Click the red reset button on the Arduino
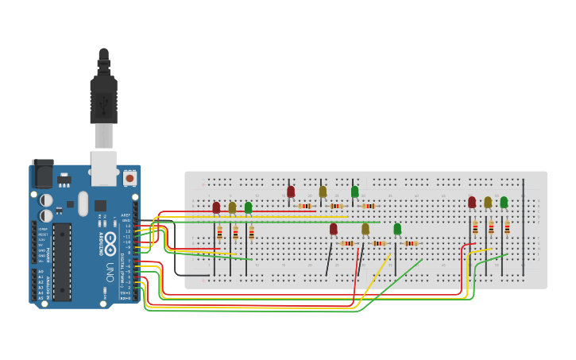pyautogui.click(x=130, y=179)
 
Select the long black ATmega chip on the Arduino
pyautogui.click(x=62, y=261)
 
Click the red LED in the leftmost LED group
pyautogui.click(x=216, y=207)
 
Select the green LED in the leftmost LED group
pyautogui.click(x=248, y=207)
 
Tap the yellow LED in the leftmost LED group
pyautogui.click(x=232, y=207)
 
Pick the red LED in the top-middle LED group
pyautogui.click(x=291, y=192)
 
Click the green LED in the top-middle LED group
pyautogui.click(x=354, y=192)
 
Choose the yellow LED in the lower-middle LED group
pyautogui.click(x=365, y=229)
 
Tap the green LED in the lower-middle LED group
pyautogui.click(x=397, y=229)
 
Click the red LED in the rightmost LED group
pyautogui.click(x=472, y=202)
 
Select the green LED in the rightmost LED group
pyautogui.click(x=504, y=202)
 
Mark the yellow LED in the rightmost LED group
pyautogui.click(x=488, y=202)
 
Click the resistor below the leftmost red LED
pyautogui.click(x=219, y=234)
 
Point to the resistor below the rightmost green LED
pyautogui.click(x=507, y=227)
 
